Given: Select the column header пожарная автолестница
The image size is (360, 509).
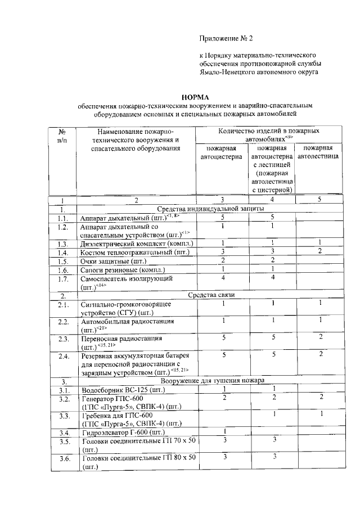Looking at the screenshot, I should click(318, 152).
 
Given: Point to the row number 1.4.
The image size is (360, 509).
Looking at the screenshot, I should click(63, 252).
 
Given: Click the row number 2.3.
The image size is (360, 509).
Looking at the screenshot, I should click(63, 339).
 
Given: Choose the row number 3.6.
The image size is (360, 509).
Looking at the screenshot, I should click(63, 460).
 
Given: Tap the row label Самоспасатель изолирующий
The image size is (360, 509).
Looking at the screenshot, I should click(127, 278).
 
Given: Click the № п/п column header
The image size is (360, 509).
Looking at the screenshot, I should click(63, 136).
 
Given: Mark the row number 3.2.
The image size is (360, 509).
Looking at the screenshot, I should click(63, 399).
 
